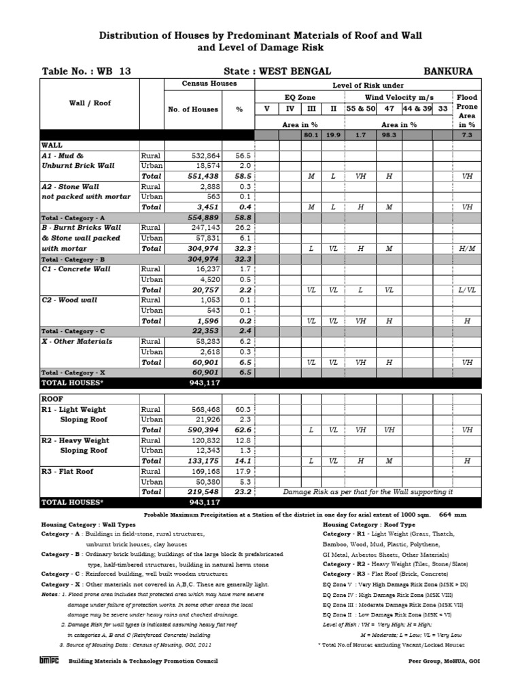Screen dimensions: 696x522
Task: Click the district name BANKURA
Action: point(448,71)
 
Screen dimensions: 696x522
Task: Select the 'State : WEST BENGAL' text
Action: point(277,71)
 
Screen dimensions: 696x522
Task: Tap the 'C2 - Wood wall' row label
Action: point(69,300)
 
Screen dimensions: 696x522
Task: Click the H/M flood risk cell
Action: point(467,249)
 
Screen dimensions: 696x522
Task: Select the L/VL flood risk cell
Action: point(467,290)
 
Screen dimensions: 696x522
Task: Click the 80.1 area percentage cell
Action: point(311,135)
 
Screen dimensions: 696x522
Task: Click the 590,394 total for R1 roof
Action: point(201,430)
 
